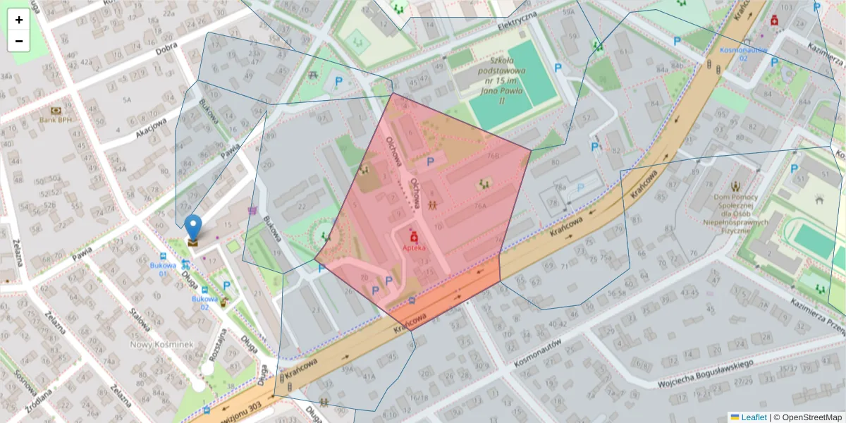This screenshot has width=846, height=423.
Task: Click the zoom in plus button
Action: pyautogui.click(x=19, y=20)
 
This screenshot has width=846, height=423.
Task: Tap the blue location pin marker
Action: pyautogui.click(x=192, y=228)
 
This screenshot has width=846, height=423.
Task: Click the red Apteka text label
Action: pyautogui.click(x=414, y=249)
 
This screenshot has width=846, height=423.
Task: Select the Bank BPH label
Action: pyautogui.click(x=56, y=120)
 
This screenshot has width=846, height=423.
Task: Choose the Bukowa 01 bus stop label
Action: pyautogui.click(x=163, y=269)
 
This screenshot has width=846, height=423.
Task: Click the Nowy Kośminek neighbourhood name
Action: pyautogui.click(x=162, y=344)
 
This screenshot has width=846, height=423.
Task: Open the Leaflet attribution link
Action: pyautogui.click(x=753, y=417)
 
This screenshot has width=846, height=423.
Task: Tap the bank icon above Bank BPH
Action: pyautogui.click(x=56, y=110)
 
